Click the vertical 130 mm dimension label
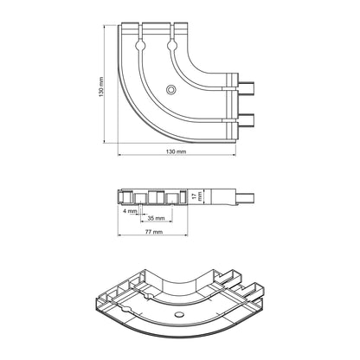(x=101, y=87)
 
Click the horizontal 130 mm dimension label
(x=177, y=151)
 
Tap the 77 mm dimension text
(x=154, y=232)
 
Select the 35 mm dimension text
(x=156, y=218)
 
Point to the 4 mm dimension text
(x=130, y=211)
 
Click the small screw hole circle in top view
(x=171, y=90)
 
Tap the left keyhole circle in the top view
(x=140, y=46)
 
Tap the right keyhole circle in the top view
(x=172, y=46)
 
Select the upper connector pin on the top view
(x=246, y=88)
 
